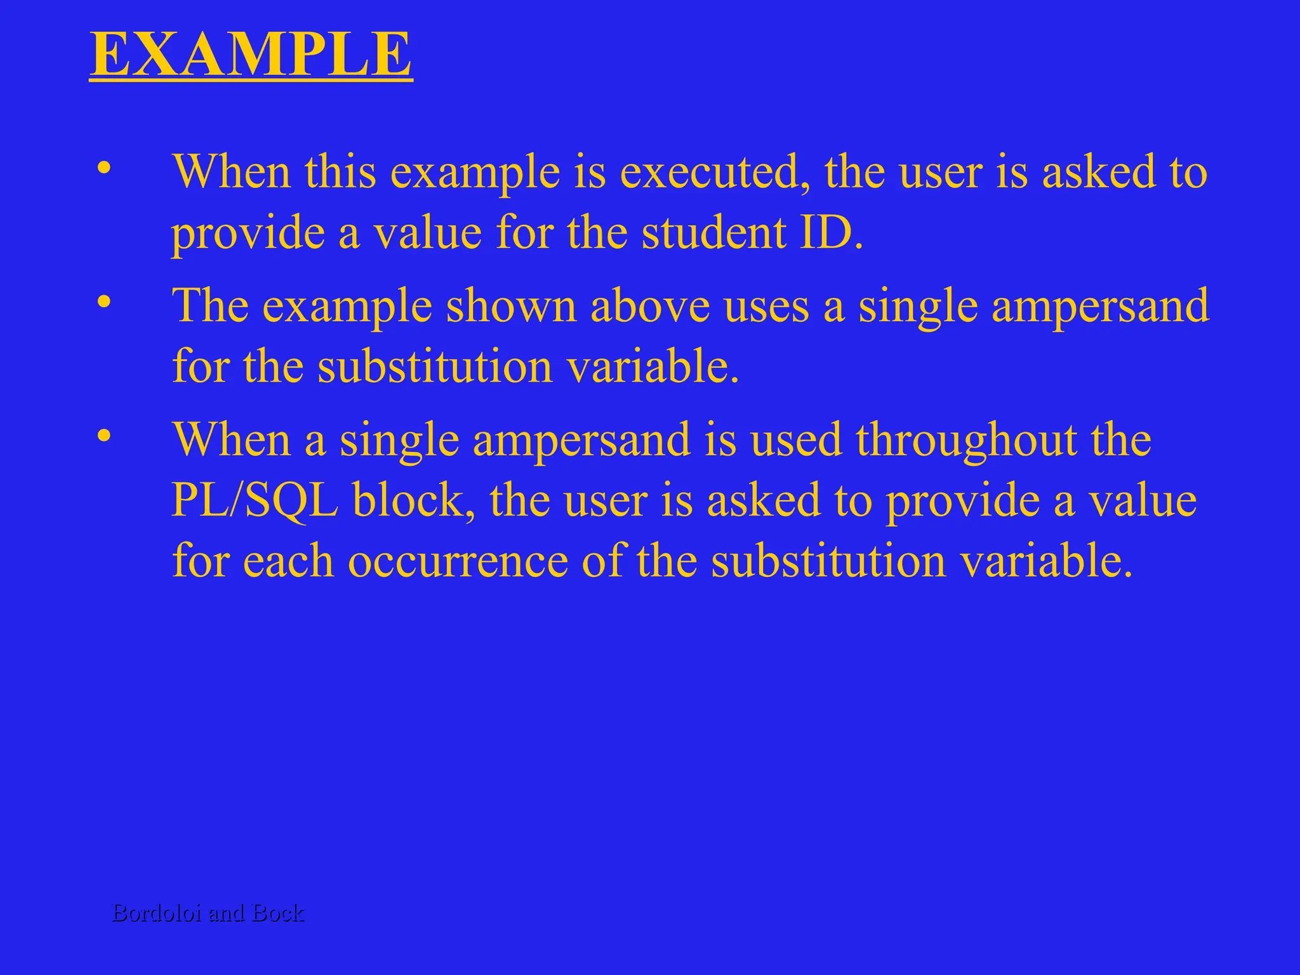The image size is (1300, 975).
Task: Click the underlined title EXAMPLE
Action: coord(251,55)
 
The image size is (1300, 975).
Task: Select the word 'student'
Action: coord(713,232)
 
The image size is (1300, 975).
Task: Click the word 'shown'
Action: coord(511,306)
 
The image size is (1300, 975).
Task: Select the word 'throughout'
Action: coord(967,439)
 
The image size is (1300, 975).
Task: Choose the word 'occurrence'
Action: coord(458,561)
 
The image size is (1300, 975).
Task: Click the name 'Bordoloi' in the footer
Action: coord(157,913)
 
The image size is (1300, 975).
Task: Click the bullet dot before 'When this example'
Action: coord(104,168)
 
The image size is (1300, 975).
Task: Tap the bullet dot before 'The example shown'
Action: coord(104,302)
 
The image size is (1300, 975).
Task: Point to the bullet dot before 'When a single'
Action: coord(104,436)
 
